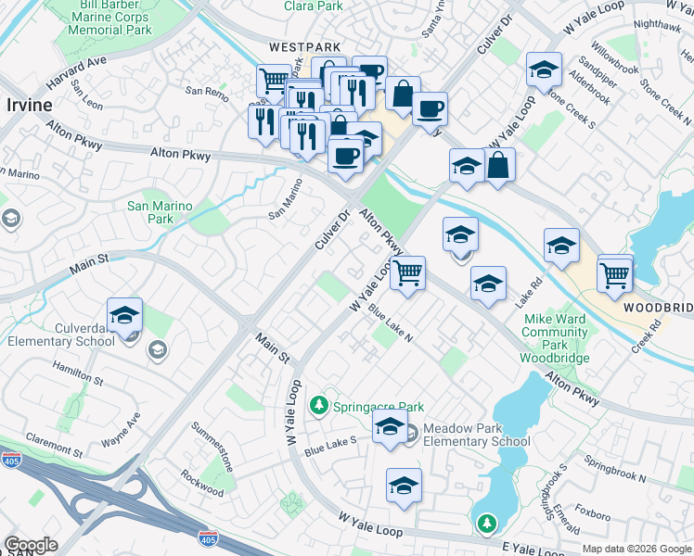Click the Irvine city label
pos(30,105)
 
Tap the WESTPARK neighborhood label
pos(305,46)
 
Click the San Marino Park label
pos(160,212)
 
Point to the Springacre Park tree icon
pos(319,406)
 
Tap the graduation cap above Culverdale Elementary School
pos(125,315)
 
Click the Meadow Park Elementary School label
pos(476,436)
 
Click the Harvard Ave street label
pos(79,69)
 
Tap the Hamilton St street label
pos(77,373)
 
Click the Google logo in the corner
pos(31,546)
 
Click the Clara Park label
pos(313,6)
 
